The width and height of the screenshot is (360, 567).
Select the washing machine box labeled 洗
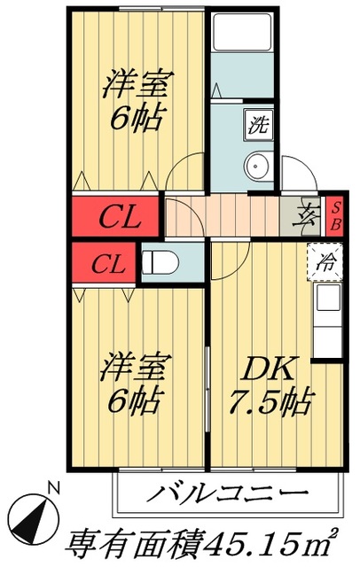[257, 125]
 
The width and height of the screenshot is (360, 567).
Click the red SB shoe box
[336, 215]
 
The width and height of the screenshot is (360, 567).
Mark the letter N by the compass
[53, 487]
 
